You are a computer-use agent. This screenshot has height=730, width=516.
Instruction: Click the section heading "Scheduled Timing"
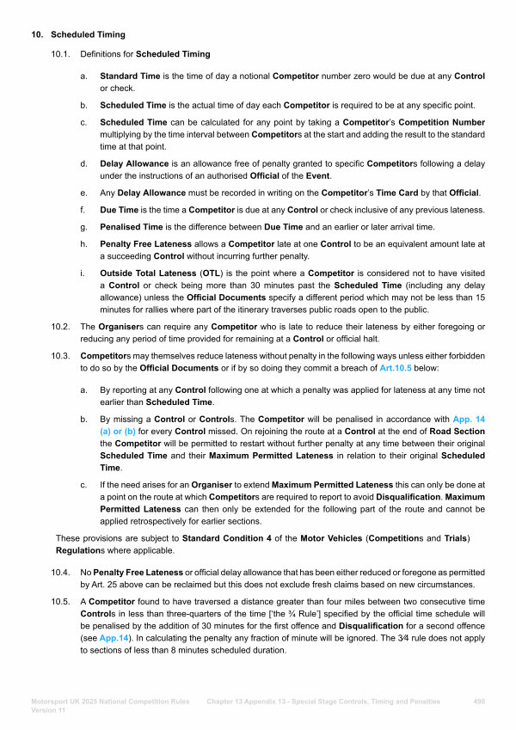(88, 34)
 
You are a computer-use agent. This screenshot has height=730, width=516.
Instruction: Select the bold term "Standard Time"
(128, 77)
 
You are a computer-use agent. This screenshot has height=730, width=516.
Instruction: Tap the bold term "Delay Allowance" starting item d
(133, 163)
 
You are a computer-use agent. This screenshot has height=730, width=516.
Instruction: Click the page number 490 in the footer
(480, 702)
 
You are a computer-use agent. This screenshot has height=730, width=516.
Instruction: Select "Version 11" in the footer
(48, 710)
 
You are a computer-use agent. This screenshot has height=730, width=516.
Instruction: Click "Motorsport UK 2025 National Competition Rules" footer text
(110, 702)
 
